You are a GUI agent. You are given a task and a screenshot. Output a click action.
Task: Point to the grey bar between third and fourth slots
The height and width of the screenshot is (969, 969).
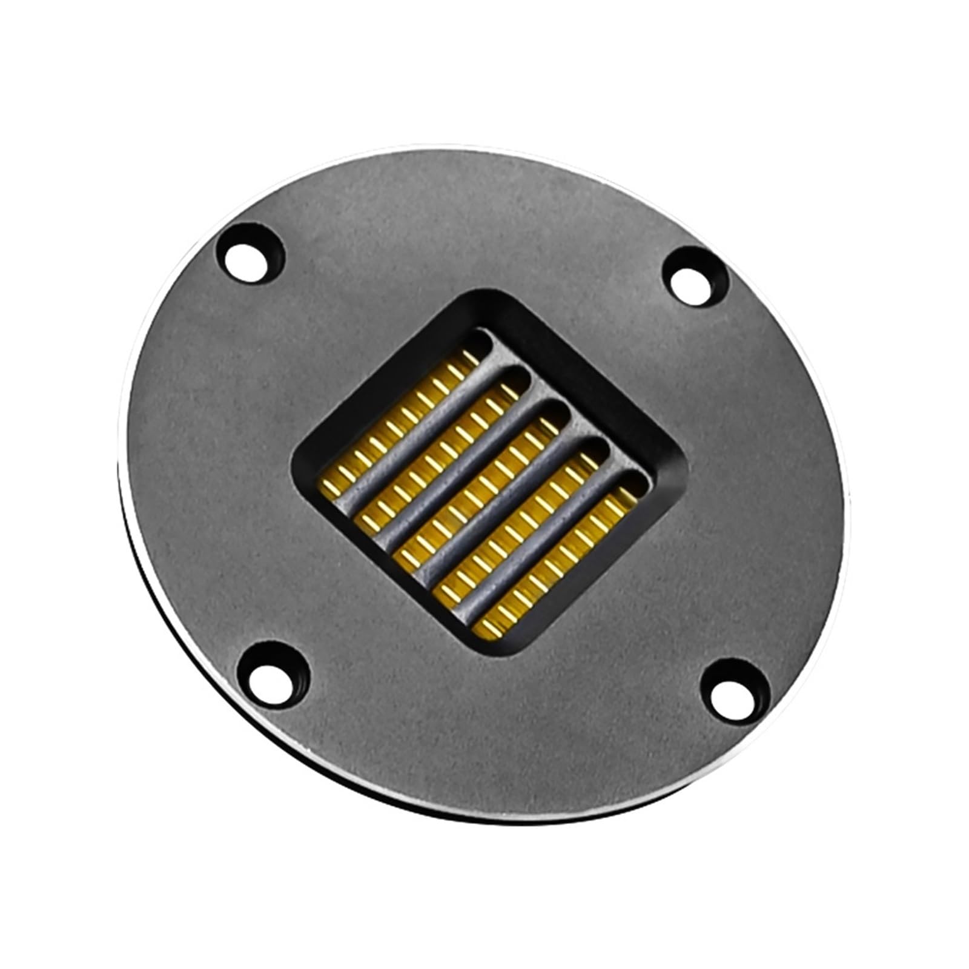click(x=501, y=510)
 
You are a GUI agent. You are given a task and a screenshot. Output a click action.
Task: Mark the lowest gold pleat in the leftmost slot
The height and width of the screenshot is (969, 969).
click(x=331, y=488)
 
